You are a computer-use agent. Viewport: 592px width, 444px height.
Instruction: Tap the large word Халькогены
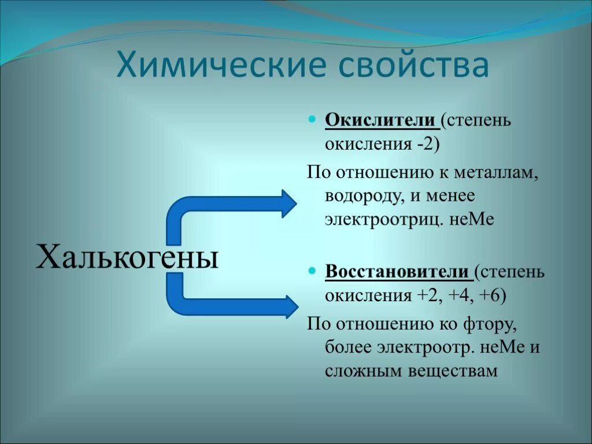pos(127,256)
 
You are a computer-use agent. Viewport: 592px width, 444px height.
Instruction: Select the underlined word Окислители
pos(380,121)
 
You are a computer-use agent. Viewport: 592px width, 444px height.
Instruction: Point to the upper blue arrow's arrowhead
pos(288,203)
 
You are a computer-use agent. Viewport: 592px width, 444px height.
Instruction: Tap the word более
pos(348,347)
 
